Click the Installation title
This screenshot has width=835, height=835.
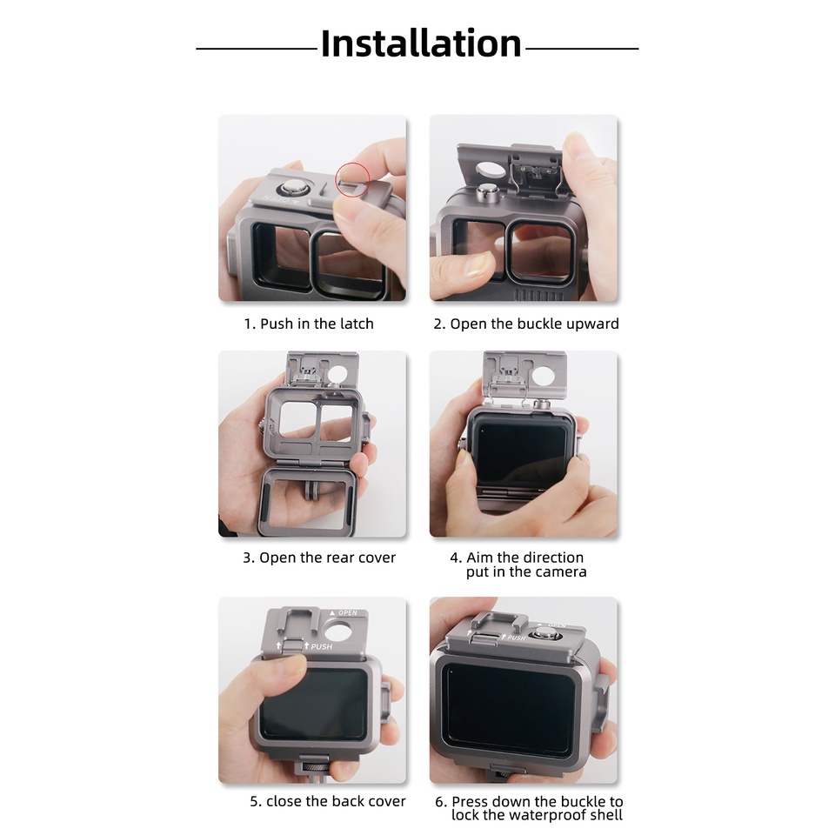click(x=421, y=44)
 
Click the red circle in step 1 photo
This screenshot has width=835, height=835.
click(x=352, y=178)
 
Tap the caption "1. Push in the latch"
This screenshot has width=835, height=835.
click(x=308, y=324)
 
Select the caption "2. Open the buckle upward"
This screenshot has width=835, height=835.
click(x=526, y=324)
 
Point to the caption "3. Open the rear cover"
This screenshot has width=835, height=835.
click(x=318, y=558)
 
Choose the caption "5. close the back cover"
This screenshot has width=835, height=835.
click(x=327, y=801)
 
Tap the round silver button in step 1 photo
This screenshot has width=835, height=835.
click(x=290, y=189)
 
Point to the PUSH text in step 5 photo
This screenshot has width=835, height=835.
click(x=321, y=646)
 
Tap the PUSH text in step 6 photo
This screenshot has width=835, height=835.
click(x=518, y=638)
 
